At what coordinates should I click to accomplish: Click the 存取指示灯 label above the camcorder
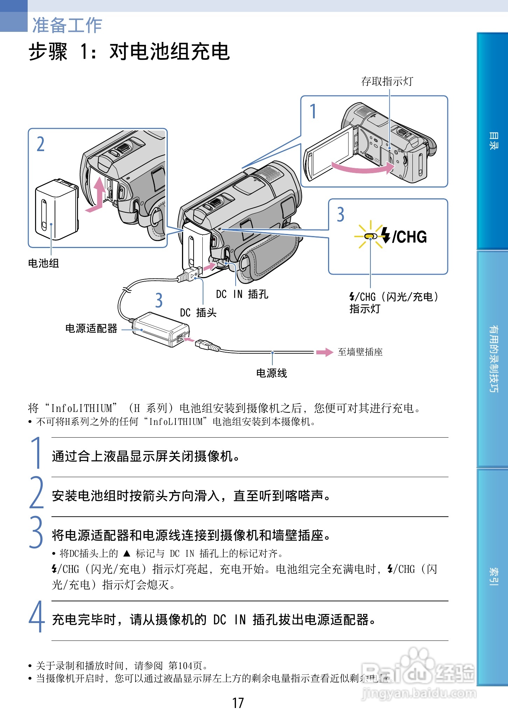pos(387,82)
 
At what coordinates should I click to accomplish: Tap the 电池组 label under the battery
pos(43,263)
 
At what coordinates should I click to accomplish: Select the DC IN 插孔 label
pos(242,294)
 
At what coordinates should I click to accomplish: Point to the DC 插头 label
pos(198,312)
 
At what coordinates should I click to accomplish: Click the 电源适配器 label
pos(91,328)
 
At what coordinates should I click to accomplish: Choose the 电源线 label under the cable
pos(271,373)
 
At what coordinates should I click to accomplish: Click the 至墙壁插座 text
pos(360,352)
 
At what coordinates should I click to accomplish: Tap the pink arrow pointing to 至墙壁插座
pos(324,352)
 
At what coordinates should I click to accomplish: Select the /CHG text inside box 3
pos(409,237)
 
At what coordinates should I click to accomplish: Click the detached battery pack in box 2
pos(56,210)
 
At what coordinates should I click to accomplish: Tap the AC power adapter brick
pos(161,329)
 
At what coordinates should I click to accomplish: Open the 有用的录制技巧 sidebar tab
pos(493,359)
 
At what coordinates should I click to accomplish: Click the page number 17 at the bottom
pos(238,703)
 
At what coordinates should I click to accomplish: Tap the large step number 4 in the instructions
pos(36,617)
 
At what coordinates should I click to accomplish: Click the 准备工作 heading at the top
pos(67,25)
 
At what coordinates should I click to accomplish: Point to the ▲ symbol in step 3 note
pos(127,553)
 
